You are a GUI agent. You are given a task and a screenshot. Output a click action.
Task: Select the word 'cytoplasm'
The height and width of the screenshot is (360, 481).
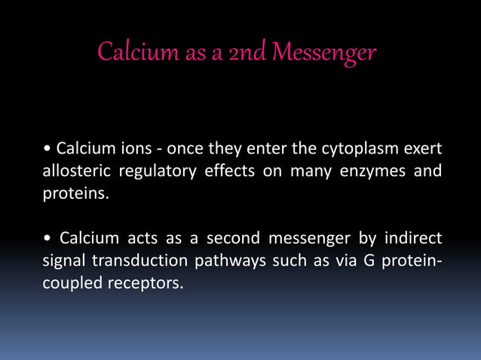363,145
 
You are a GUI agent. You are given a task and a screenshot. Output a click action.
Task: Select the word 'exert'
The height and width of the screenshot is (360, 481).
421,145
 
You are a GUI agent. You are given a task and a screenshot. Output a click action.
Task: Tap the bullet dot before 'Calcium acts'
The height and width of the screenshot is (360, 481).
47,240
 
